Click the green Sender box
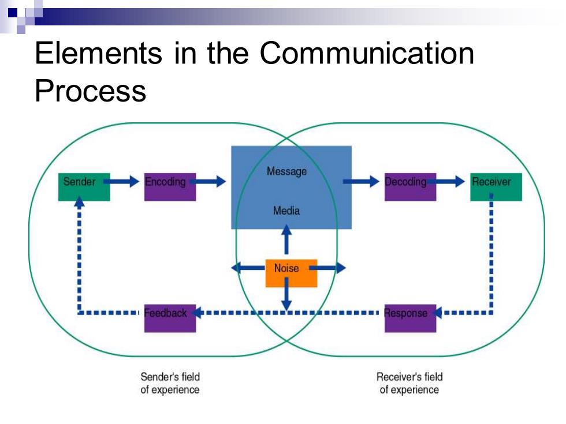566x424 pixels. coord(84,187)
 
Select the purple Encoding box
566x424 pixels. coord(170,187)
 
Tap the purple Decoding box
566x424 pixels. coord(411,187)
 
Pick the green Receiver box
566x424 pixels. coord(496,187)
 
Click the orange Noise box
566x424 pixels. coord(291,273)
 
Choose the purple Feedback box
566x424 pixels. coord(170,318)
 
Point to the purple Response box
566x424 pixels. coord(411,318)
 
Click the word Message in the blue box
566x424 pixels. coord(286,172)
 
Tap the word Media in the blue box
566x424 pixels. coord(286,211)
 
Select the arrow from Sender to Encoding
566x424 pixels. coord(121,181)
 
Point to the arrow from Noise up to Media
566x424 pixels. coord(286,239)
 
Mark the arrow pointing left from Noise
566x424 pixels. coord(248,268)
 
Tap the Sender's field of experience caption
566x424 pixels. coord(170,383)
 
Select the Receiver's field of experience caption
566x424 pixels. coord(409,383)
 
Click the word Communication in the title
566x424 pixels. coord(367,53)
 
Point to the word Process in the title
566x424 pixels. coord(91,91)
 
